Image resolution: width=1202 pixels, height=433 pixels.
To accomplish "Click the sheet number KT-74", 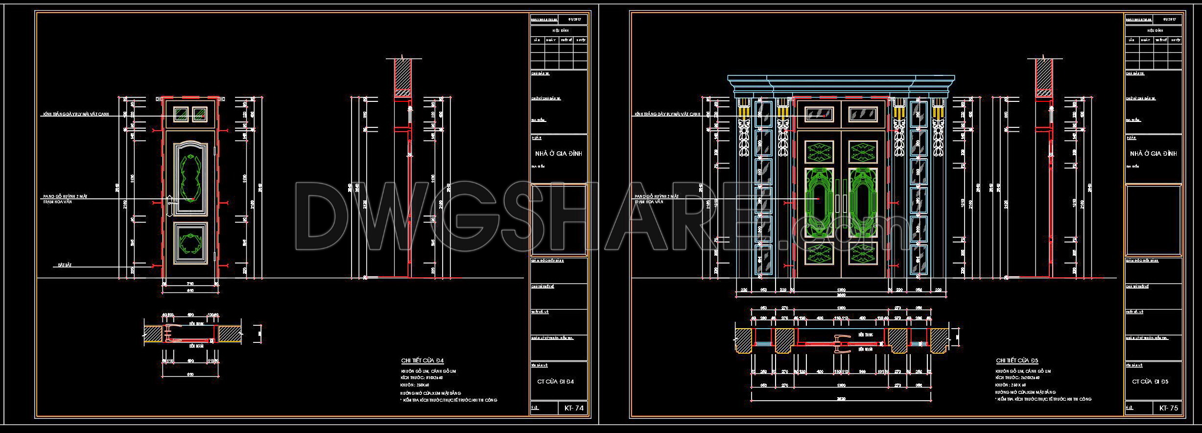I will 573,408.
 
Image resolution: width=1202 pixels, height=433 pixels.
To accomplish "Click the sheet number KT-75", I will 1168,408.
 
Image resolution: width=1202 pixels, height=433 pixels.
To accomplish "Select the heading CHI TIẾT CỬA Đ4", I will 422,361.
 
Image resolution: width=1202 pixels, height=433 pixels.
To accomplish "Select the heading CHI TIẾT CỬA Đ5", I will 1016,361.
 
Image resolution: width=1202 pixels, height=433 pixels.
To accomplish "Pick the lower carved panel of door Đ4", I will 190,243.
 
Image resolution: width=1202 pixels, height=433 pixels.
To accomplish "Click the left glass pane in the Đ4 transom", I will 181,115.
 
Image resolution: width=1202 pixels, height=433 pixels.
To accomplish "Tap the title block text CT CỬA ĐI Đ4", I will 555,381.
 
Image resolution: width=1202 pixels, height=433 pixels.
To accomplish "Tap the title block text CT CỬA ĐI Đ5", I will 1150,381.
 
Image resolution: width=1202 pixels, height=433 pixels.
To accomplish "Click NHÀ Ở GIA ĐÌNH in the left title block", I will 558,153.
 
